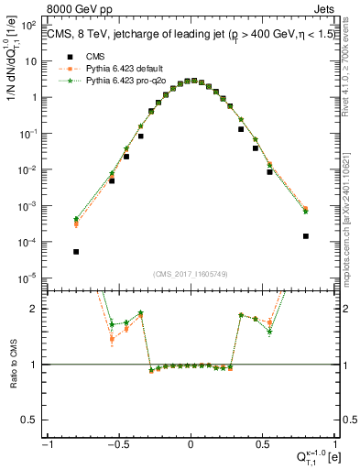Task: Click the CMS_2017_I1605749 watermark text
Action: tap(191, 274)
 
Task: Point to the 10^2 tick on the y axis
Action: tap(29, 25)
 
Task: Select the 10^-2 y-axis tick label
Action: tap(29, 169)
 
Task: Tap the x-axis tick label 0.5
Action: tap(264, 444)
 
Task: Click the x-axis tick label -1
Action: tap(46, 444)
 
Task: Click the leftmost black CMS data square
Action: tap(76, 251)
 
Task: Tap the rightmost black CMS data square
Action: tap(305, 235)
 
